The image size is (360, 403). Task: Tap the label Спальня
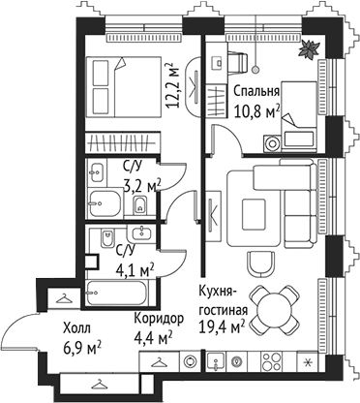[x=257, y=93]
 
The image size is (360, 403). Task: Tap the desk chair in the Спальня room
[x=238, y=63]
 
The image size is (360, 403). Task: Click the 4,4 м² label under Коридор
[x=154, y=337]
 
